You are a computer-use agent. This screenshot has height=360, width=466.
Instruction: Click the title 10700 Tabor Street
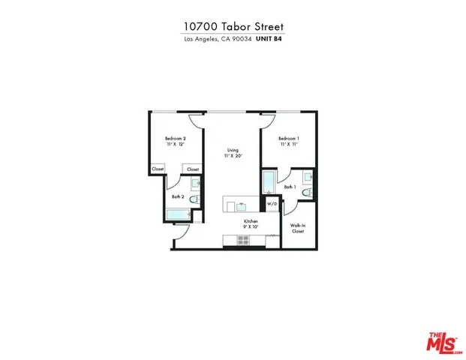pos(233,26)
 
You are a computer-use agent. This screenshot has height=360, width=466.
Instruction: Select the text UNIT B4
pos(270,39)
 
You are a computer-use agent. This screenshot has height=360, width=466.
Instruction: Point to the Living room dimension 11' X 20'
pos(233,156)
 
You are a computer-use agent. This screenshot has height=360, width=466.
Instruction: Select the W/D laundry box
pos(271,203)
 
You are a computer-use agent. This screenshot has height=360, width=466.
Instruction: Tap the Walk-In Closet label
pos(298,229)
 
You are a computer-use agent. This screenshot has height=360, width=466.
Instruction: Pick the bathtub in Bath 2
pos(178,215)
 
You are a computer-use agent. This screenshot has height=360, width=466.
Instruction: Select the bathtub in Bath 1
pos(269,182)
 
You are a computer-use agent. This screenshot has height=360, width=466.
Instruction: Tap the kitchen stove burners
pos(243,240)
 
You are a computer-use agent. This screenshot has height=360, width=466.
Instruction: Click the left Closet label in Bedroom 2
pos(158,169)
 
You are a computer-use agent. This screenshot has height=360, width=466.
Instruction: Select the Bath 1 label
pos(290,186)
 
